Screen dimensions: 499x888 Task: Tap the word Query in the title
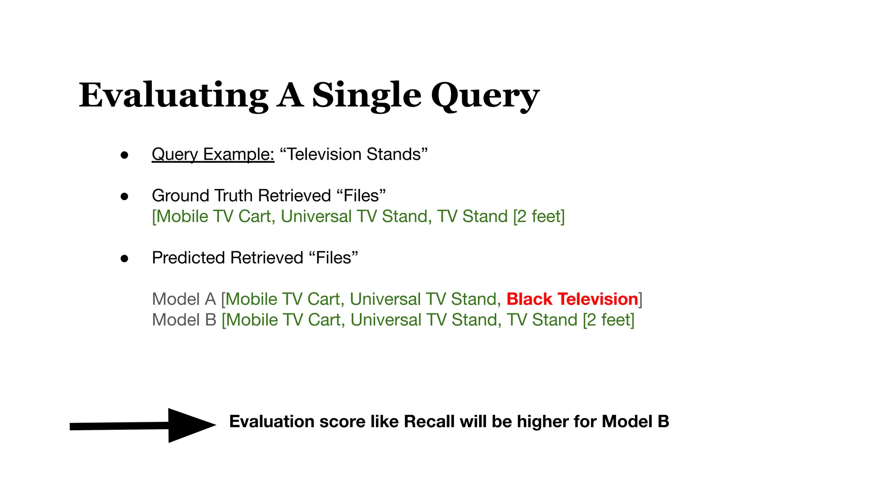485,96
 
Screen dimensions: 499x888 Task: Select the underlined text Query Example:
213,155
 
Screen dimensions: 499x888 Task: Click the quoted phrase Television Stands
354,154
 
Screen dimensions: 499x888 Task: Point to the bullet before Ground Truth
124,197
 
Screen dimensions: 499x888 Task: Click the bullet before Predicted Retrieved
124,259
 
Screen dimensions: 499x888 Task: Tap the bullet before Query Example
124,155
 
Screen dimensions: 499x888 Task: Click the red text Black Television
572,299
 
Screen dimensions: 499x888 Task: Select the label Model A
184,299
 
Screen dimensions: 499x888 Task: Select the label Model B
184,320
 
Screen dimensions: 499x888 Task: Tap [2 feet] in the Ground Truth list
539,217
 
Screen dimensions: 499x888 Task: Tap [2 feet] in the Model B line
608,320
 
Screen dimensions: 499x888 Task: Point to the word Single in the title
366,96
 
